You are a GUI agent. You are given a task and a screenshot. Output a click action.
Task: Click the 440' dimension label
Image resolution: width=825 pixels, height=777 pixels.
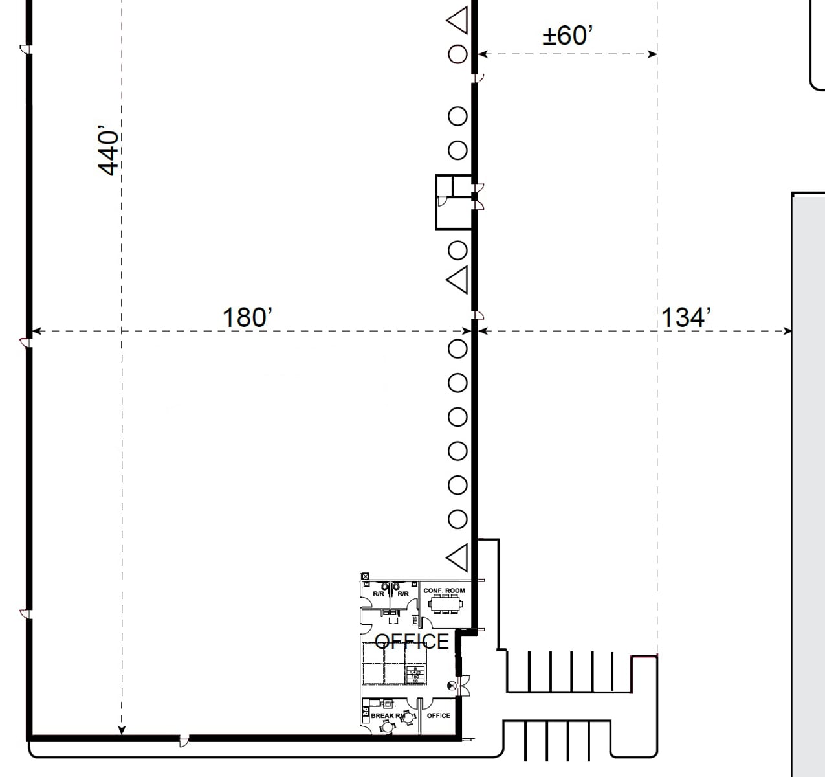tap(109, 151)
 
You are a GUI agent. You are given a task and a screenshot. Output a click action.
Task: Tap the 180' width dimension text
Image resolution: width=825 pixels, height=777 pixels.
tap(247, 317)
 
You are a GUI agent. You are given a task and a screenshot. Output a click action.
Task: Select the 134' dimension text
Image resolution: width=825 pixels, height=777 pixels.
tap(686, 317)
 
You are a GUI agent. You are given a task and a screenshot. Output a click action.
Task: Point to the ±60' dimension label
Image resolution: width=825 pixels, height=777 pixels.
tap(567, 36)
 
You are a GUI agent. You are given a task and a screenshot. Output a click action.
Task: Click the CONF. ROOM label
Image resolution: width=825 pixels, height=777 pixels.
tap(444, 591)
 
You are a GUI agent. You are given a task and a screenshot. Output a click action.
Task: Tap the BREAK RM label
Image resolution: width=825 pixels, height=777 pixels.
tap(387, 715)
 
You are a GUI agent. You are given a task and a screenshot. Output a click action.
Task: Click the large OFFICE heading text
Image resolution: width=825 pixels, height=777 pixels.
tap(412, 641)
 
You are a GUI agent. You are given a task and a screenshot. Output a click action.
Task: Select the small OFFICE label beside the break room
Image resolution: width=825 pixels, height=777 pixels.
tap(439, 715)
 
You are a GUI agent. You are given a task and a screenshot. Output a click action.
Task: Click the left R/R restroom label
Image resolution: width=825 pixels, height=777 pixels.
tap(378, 594)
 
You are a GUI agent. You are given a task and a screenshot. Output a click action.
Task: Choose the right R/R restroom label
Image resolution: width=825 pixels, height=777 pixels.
tap(402, 594)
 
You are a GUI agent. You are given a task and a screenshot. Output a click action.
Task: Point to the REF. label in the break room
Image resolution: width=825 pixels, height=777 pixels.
tap(387, 704)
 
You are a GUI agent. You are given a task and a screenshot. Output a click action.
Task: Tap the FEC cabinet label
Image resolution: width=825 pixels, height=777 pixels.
tap(415, 620)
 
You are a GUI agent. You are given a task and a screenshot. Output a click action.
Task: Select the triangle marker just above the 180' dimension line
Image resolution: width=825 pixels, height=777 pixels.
tap(458, 280)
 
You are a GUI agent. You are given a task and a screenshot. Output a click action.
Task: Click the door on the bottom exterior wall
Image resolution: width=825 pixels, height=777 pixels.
tap(184, 739)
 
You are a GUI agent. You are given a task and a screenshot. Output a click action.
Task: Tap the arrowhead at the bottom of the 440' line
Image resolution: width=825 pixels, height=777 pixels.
tap(122, 731)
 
